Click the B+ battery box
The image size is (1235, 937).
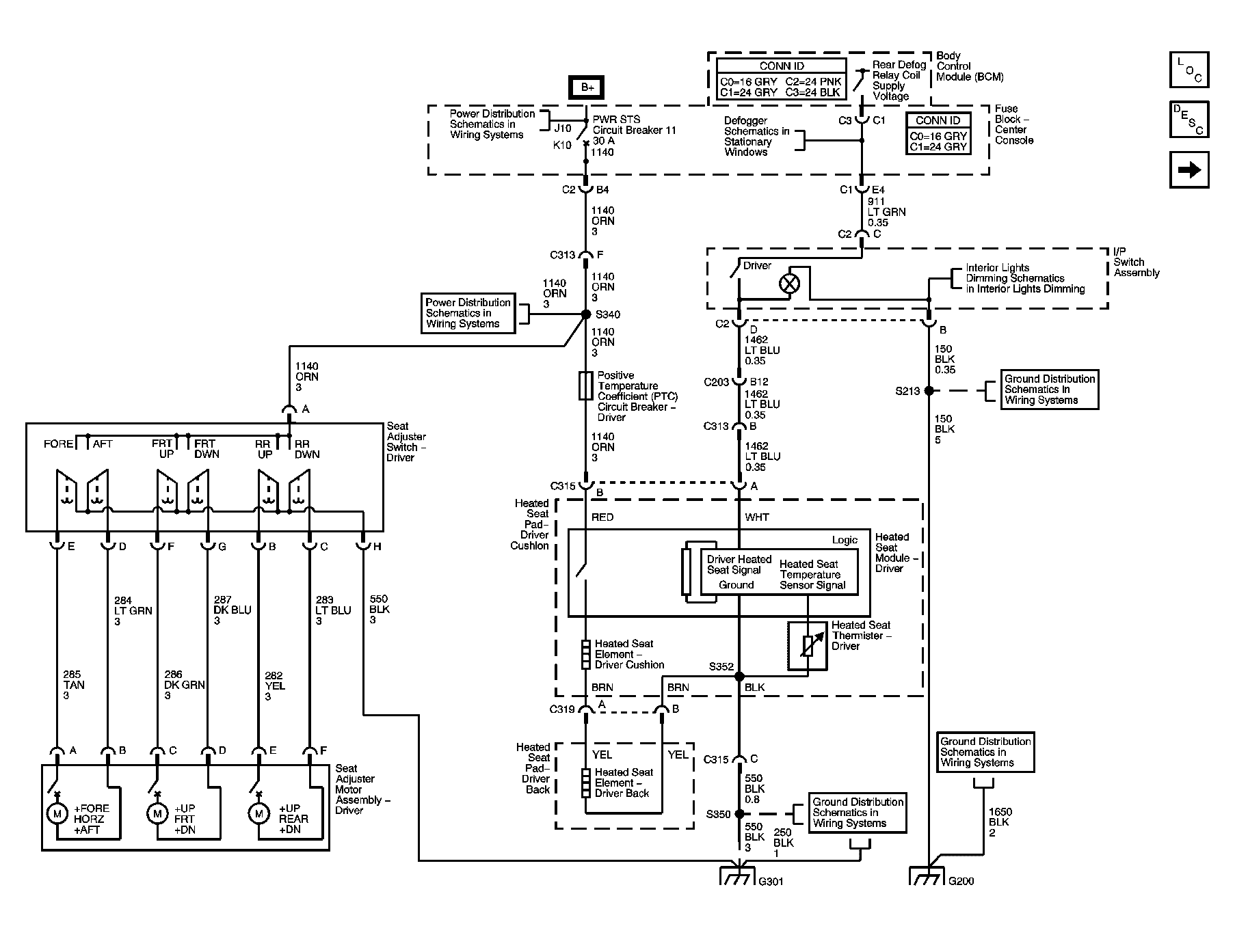coord(587,87)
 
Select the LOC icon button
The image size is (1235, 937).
coord(1189,70)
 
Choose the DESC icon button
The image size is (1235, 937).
coord(1189,119)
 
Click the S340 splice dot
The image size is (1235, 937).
coord(585,314)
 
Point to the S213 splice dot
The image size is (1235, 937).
coord(929,391)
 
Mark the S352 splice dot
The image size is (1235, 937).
coord(739,677)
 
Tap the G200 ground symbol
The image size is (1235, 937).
coord(927,875)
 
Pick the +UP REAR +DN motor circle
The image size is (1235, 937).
coord(258,813)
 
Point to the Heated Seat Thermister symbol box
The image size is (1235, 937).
coord(808,645)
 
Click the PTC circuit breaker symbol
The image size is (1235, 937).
coord(585,385)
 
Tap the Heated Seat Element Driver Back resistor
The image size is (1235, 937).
coord(585,783)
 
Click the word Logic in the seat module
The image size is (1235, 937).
coord(845,540)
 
